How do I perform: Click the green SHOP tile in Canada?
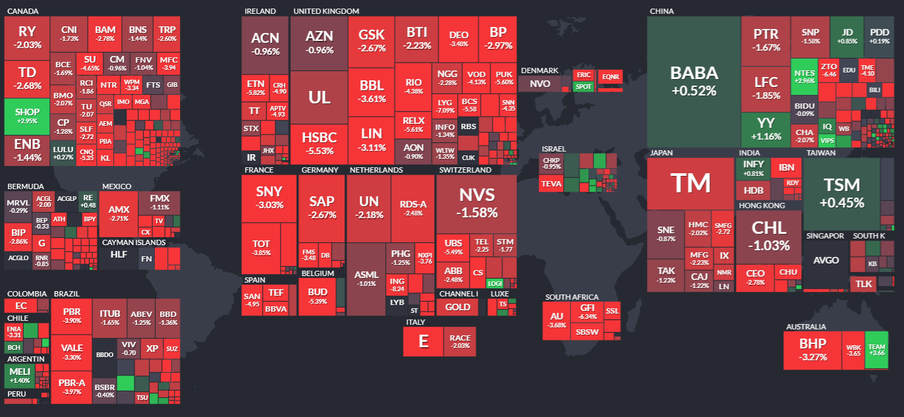pos(27,116)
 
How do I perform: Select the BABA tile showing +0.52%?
pos(694,81)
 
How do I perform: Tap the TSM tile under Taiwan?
pos(841,194)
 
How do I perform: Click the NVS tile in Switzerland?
pos(476,202)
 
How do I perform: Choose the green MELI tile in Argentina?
pos(20,375)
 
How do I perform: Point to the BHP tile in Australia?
pos(812,349)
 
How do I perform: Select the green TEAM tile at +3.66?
pos(877,350)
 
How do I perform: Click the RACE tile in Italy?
pos(460,341)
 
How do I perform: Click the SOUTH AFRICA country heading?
pos(571,297)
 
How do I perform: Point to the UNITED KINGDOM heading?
pos(326,11)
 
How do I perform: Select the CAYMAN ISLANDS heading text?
pos(134,242)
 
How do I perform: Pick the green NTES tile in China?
pos(804,76)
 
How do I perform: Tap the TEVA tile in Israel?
pos(551,184)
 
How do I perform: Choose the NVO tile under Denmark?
pos(540,84)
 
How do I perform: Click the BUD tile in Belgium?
pos(318,296)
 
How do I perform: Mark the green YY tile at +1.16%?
pos(765,129)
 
